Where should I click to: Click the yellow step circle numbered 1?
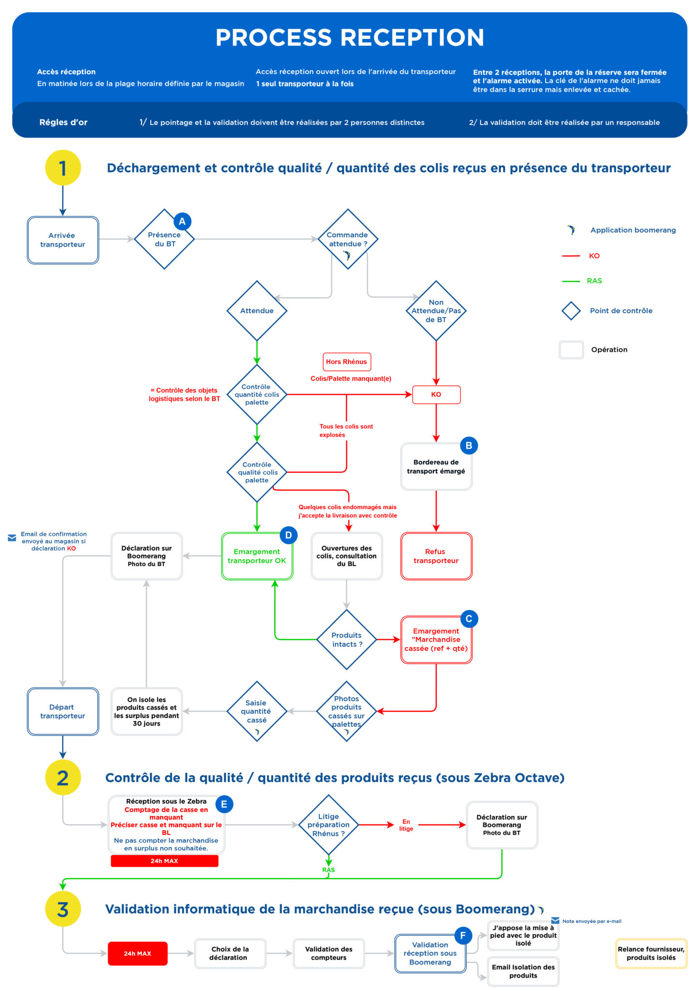coord(63,168)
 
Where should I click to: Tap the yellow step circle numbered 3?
coord(63,909)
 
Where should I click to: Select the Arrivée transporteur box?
coord(63,240)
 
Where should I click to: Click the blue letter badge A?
coord(182,222)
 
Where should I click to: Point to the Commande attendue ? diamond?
coord(348,239)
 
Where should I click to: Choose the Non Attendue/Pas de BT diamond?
coord(436,311)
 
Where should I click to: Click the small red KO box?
coord(436,394)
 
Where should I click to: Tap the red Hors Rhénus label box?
coord(346,361)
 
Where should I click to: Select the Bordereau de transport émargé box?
coord(436,466)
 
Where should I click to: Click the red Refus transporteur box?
coord(436,556)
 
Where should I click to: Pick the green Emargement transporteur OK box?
coord(257,556)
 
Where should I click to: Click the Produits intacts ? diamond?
coord(347,639)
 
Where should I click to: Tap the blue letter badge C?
coord(468,618)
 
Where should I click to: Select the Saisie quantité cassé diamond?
coord(257,711)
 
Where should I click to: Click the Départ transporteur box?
coord(63,711)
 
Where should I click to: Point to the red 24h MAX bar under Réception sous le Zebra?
coord(164,861)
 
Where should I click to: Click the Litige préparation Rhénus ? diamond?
coord(328,825)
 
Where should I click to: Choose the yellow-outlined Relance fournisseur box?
coord(651,953)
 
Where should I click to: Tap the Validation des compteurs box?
coord(328,953)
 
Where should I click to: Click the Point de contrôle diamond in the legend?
coord(571,311)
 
